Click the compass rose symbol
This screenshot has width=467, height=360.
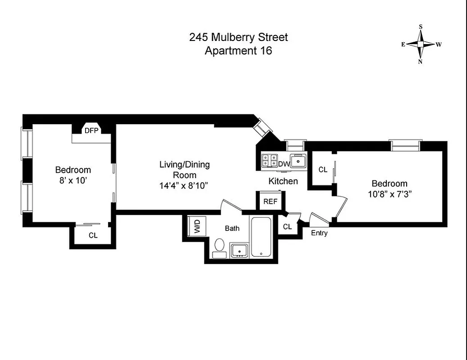coord(421,44)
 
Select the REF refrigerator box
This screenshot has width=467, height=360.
coord(270,202)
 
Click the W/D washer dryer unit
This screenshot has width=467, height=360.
coord(197,226)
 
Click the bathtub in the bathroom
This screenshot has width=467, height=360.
coord(261,237)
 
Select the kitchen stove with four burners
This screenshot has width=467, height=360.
coord(269,161)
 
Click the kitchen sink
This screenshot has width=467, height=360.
coord(298,160)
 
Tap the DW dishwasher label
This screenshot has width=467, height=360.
coord(284,164)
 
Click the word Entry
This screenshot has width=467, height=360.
coord(319,233)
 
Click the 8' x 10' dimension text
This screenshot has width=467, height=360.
coord(73,180)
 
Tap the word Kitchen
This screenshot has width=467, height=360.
coord(283,181)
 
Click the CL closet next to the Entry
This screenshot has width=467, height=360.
coord(287,227)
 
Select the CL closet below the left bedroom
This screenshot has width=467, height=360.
coord(93,235)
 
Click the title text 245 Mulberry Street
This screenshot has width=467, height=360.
coord(238,37)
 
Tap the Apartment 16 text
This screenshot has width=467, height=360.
coord(238,50)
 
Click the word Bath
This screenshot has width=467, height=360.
coord(232,228)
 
